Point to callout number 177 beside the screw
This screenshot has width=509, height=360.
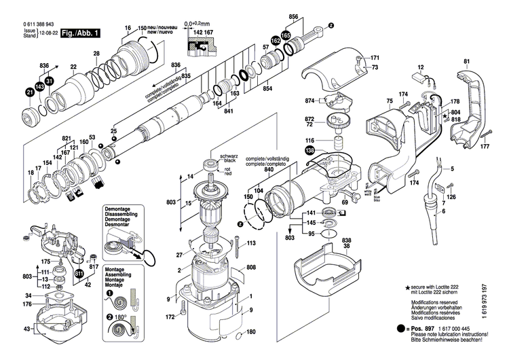pyautogui.click(x=485, y=146)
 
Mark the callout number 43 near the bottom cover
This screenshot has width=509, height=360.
pyautogui.click(x=27, y=329)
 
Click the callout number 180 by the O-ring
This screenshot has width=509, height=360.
pyautogui.click(x=252, y=331)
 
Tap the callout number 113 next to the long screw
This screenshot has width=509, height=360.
pyautogui.click(x=251, y=242)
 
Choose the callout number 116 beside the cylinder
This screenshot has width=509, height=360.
pyautogui.click(x=309, y=139)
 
